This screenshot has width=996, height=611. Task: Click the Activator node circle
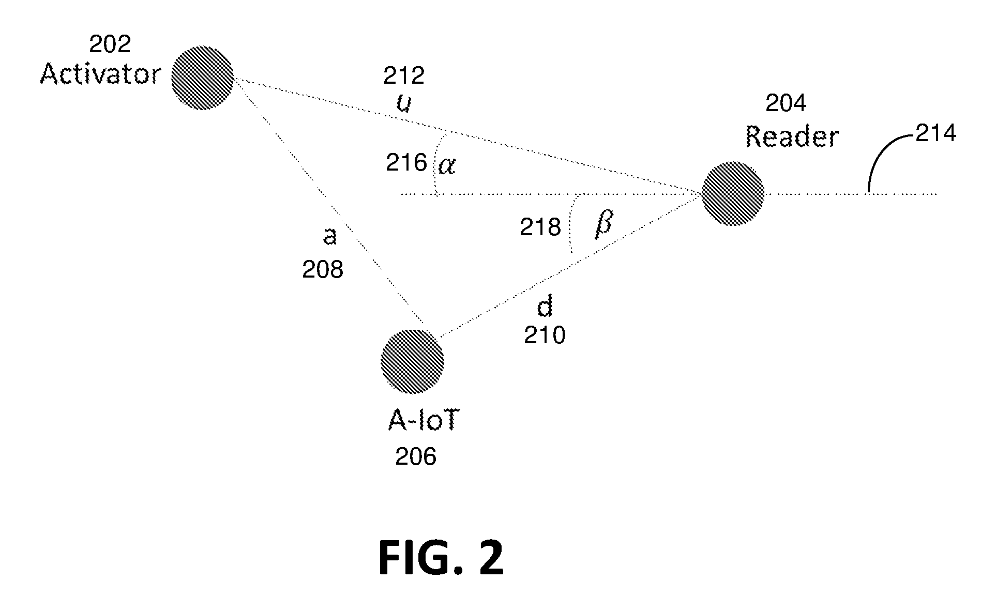click(202, 78)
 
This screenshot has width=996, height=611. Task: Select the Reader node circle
click(732, 193)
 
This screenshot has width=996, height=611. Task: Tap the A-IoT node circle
click(412, 361)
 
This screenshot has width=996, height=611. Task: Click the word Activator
click(101, 74)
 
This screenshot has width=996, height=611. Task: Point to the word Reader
click(792, 137)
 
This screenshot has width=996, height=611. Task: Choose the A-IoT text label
click(423, 422)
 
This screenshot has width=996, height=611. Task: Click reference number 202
click(110, 44)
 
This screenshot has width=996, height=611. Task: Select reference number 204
click(786, 104)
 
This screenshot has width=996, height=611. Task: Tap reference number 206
click(416, 457)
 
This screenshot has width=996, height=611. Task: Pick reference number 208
click(323, 270)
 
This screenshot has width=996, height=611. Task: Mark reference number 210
click(545, 335)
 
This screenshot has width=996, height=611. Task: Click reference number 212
click(404, 76)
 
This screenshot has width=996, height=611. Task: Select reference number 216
click(406, 163)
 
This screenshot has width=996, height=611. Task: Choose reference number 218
click(540, 227)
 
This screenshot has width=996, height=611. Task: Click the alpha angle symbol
click(447, 165)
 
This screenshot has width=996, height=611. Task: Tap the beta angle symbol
click(603, 224)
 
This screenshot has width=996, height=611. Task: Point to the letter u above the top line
click(404, 103)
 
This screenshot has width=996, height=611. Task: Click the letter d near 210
click(545, 307)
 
